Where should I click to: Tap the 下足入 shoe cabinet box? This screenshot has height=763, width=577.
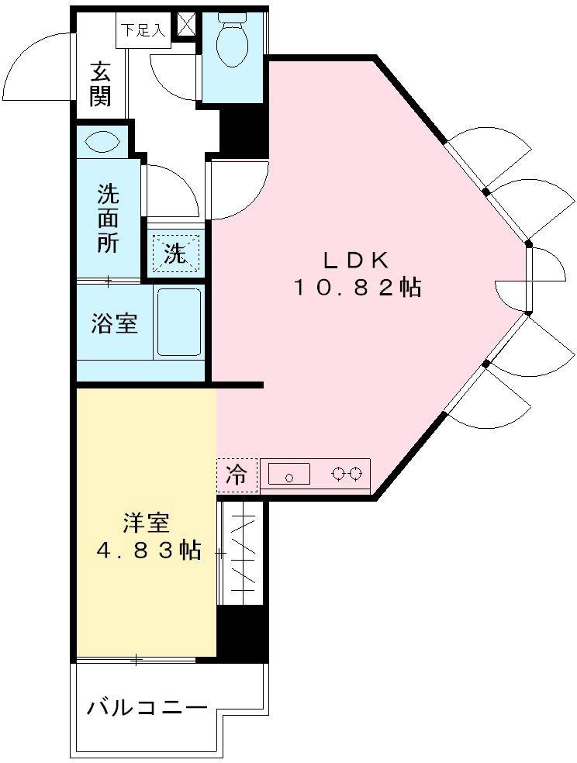point(143,29)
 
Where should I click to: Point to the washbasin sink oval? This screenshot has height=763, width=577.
point(102,143)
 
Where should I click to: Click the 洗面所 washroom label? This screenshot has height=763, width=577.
point(108,219)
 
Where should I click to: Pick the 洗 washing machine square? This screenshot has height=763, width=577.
point(175,253)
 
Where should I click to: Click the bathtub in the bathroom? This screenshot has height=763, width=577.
point(178,322)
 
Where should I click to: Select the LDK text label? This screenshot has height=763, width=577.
point(356,261)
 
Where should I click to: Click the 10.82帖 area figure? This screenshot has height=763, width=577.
point(356,288)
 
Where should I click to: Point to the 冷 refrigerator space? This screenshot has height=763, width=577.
point(237,475)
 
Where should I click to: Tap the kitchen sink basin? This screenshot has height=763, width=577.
point(289,474)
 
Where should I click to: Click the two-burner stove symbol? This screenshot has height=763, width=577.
point(347,473)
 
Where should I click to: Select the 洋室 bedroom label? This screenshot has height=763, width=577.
point(146,523)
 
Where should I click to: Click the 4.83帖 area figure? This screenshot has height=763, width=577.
point(148,551)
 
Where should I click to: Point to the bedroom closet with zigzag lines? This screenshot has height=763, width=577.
point(243,554)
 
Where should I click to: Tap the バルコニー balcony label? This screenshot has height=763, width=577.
point(147,708)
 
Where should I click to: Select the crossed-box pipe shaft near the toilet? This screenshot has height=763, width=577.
point(186,24)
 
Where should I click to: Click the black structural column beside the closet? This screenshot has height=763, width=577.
point(242,633)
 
